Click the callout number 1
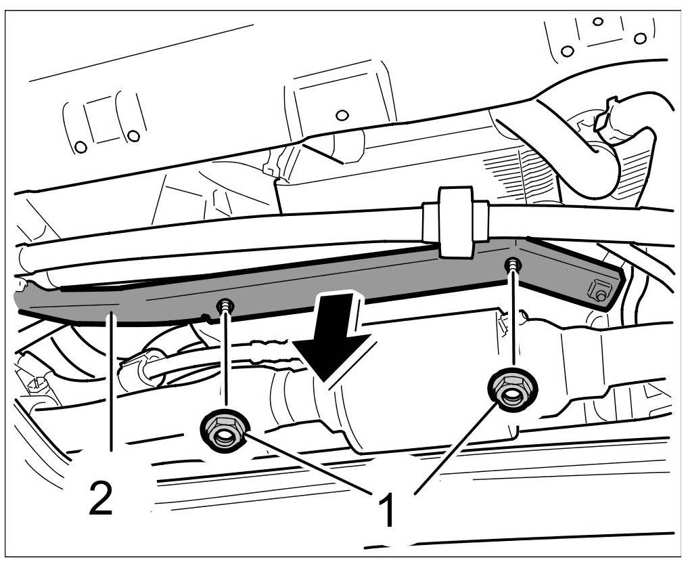click(387, 509)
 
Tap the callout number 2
click(100, 498)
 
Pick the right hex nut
click(512, 389)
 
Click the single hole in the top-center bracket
click(342, 114)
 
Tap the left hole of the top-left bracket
click(81, 146)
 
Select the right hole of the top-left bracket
click(133, 136)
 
